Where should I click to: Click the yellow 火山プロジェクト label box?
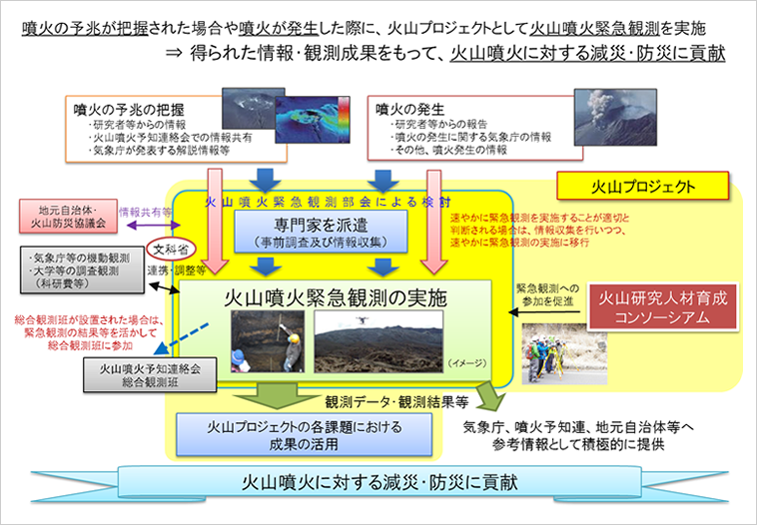click(x=627, y=186)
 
